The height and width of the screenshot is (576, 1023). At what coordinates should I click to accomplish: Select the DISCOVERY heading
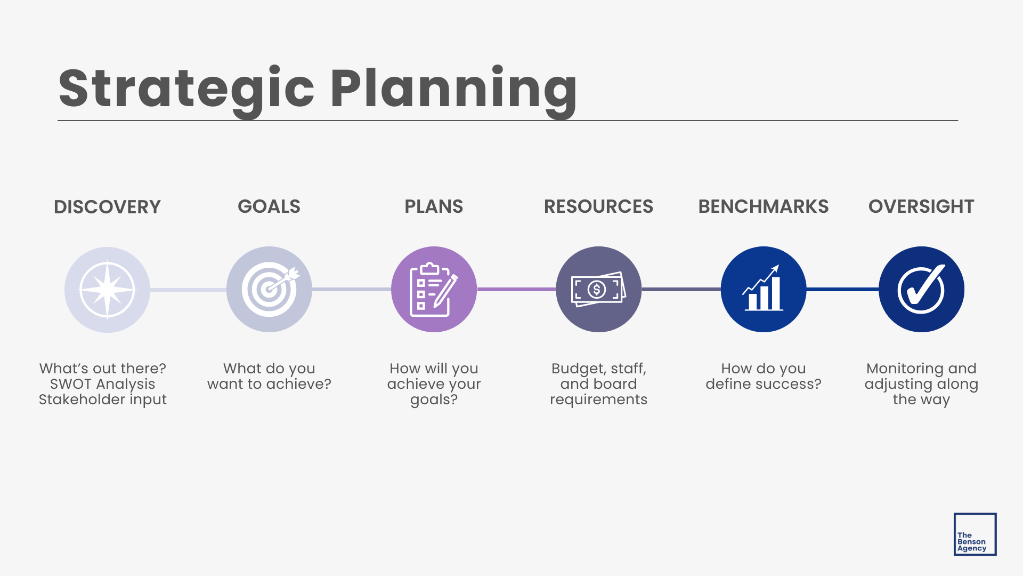point(107,207)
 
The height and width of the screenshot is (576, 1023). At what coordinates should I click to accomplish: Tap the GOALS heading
point(269,206)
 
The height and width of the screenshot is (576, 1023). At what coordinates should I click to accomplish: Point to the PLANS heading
point(434,206)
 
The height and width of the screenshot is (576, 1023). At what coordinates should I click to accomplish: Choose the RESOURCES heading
point(598,206)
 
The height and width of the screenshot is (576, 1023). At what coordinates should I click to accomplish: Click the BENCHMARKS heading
point(763,206)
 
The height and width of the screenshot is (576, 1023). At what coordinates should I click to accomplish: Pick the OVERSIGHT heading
point(921,206)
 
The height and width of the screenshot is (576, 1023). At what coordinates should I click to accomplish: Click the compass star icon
point(107,290)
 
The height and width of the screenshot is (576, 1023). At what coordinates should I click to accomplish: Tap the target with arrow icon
point(269,290)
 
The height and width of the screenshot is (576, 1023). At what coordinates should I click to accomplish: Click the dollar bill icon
point(598,290)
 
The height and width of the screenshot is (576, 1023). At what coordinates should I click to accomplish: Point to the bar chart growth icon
point(763,290)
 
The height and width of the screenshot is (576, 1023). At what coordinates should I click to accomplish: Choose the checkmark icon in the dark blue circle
point(921,290)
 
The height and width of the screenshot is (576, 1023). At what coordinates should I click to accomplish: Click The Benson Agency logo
point(975,534)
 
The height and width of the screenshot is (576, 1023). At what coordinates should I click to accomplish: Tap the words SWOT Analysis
point(102,384)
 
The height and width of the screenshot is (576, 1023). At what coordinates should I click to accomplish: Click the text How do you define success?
point(763,376)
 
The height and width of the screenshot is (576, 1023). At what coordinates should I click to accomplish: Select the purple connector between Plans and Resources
point(516,289)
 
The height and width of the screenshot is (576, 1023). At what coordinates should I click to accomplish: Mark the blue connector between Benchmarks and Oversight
point(842,289)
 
